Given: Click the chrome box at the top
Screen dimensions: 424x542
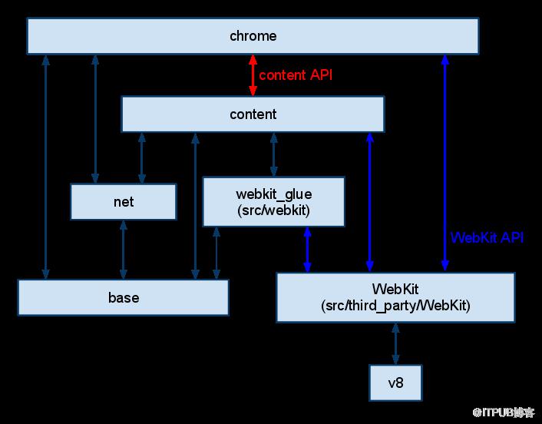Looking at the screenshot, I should [253, 36].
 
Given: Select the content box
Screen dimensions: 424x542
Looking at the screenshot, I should [253, 114].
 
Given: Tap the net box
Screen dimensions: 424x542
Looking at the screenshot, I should [123, 202].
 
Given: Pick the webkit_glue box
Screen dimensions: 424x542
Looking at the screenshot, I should [273, 201].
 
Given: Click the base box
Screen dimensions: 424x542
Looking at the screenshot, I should [123, 297].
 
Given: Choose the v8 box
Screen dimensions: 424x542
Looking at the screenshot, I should [395, 382].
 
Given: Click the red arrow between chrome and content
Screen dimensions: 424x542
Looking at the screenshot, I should [253, 75].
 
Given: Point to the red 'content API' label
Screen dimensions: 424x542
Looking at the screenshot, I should [296, 75].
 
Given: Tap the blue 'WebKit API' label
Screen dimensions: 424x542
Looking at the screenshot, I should [487, 237].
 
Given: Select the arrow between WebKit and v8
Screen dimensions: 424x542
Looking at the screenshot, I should [395, 343].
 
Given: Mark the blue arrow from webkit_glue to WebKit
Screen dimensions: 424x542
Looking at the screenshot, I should [308, 250].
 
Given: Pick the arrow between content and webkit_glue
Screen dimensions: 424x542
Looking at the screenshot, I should [273, 154].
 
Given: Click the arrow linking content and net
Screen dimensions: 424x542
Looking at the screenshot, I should [141, 157].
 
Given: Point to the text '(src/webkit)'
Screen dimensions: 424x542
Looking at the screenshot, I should [273, 210].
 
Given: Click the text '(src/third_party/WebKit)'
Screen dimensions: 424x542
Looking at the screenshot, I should [395, 306].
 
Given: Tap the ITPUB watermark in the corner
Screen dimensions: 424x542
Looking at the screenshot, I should [503, 412].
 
